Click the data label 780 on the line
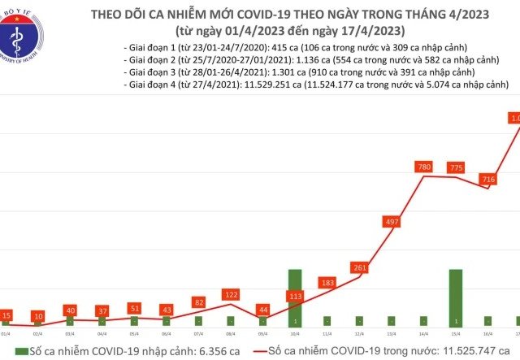point(423,167)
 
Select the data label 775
point(456,167)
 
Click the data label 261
point(360,268)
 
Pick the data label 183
point(327,283)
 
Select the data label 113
point(295,296)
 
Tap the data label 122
point(231,294)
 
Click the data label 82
point(199,301)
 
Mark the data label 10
point(37,315)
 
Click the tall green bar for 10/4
point(295,297)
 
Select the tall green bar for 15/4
point(456,297)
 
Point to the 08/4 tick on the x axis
point(231,332)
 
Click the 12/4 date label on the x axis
point(360,332)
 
